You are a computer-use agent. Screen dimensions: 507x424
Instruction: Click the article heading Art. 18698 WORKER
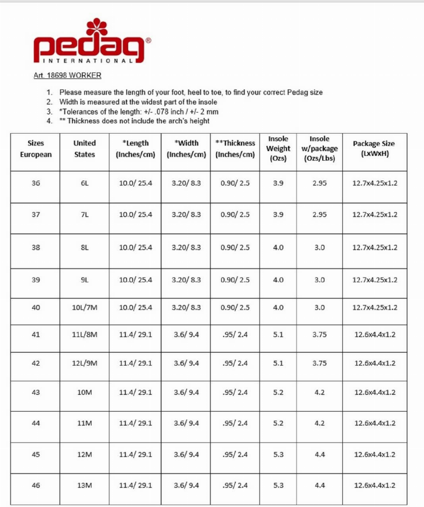67,75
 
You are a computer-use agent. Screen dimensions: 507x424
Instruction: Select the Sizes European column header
36,148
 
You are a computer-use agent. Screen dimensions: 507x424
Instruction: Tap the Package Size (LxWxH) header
374,148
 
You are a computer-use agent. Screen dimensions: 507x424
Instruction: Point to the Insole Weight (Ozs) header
278,148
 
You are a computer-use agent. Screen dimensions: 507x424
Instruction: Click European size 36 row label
36,183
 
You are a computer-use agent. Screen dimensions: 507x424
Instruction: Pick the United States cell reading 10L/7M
84,307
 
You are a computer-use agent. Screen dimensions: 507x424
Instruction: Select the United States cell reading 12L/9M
84,363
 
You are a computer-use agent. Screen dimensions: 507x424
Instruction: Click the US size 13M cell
84,485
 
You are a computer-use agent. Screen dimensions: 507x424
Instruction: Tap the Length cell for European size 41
136,335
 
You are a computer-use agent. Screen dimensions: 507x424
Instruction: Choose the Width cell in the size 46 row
187,485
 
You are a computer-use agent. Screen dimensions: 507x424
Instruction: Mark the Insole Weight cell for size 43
278,393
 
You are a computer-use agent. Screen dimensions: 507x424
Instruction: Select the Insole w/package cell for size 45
319,454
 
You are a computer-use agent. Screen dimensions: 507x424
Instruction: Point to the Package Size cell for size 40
374,307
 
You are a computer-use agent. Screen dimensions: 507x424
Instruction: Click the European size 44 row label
36,423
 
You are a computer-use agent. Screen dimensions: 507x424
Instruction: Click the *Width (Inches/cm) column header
187,148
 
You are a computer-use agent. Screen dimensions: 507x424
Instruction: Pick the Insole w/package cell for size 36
319,183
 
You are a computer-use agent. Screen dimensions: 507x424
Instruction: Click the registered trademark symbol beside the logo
148,41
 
